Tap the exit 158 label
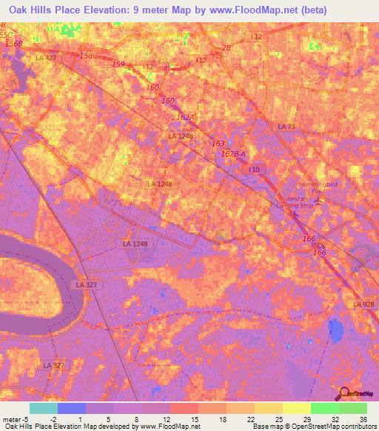coord(87,56)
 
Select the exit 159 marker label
coord(119,64)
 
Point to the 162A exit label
coord(185,116)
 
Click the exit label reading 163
coord(218,144)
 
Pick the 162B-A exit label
coord(234,153)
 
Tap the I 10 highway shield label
coord(254,170)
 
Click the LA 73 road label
coord(286,127)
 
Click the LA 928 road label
coord(363,304)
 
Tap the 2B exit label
coord(227,48)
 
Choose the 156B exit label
coord(14,44)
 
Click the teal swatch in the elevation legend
coord(43,408)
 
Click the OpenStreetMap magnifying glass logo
coord(343,395)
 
